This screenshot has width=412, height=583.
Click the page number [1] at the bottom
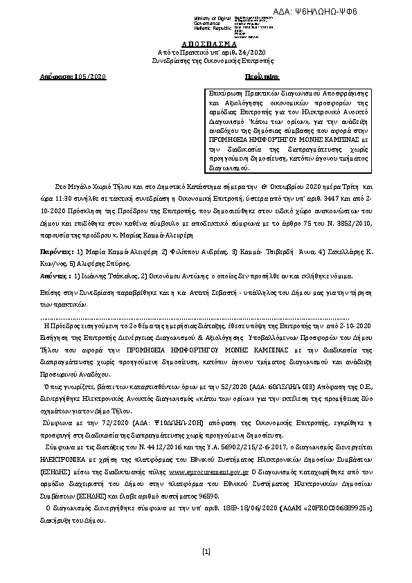206,551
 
